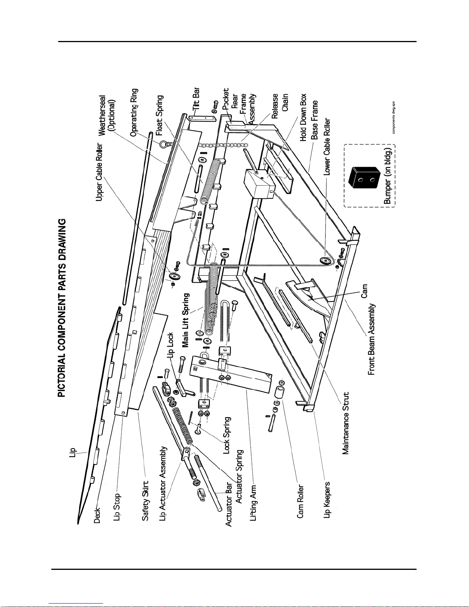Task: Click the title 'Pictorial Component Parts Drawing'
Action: click(x=62, y=308)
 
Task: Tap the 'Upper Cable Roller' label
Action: click(x=100, y=172)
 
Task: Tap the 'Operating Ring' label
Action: click(x=134, y=112)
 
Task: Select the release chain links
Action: click(x=223, y=146)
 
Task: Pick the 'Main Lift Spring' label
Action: click(x=186, y=320)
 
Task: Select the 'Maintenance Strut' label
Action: click(x=346, y=423)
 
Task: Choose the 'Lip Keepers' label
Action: click(x=327, y=500)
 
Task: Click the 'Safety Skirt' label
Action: click(x=145, y=501)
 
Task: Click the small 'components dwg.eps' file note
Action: click(x=393, y=118)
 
